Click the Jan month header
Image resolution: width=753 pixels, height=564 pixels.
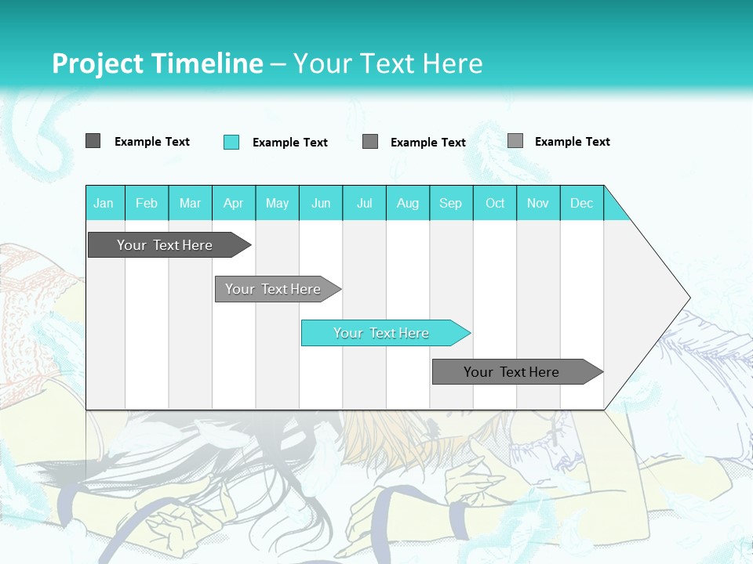point(104,203)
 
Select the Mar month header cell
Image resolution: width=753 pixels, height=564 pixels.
point(190,203)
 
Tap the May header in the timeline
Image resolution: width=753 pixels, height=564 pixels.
point(277,203)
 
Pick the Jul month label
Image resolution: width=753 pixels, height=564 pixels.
point(364,203)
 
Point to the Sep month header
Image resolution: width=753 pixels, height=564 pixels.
point(450,203)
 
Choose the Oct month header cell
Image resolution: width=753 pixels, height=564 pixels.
point(495,203)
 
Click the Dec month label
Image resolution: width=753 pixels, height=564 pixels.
point(581,203)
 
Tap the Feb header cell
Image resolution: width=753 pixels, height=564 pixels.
point(147,203)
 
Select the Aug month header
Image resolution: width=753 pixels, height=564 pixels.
point(407,203)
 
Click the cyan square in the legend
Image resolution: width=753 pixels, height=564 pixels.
point(231,142)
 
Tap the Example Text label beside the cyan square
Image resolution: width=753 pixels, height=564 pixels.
point(290,143)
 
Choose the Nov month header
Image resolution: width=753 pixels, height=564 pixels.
point(537,203)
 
